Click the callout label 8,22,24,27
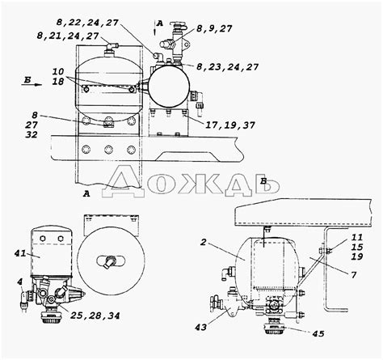tap(87, 23)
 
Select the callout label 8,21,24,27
tap(68, 36)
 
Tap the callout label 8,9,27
tap(214, 28)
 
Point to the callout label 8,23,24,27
tap(228, 67)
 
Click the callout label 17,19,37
tap(230, 125)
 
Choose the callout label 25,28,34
tap(95, 316)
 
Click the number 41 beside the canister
tap(20, 253)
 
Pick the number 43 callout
tap(200, 328)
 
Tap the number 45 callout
tap(318, 333)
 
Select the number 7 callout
tap(354, 275)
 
